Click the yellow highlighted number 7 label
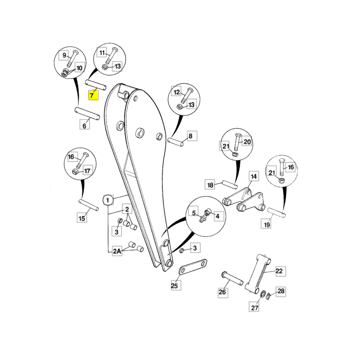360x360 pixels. coord(93,95)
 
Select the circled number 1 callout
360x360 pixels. coord(108,200)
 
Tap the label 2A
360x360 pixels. coord(117,251)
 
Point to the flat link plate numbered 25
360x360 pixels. coord(193,267)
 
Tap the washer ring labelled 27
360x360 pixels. coord(263,294)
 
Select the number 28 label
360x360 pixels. coord(281,291)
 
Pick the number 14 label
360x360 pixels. coord(253,176)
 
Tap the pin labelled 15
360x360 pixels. coord(89,205)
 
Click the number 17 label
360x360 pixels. coord(87,171)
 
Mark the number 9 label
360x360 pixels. coord(64,55)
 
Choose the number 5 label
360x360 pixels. coord(193,213)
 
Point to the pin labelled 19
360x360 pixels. coord(277,212)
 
